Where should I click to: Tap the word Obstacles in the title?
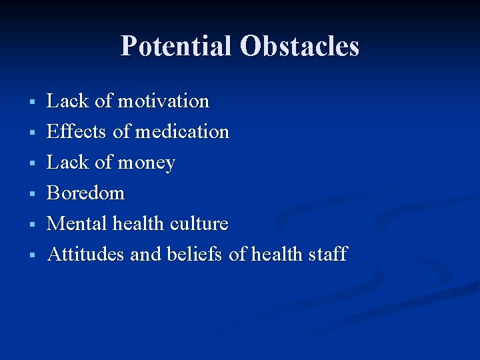(299, 47)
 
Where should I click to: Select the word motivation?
(163, 101)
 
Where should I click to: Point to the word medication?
(182, 132)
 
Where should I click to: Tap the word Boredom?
(86, 193)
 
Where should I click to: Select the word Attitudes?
(86, 254)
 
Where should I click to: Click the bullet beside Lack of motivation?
(31, 102)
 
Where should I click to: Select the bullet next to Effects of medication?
(31, 133)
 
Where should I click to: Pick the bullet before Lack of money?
(31, 163)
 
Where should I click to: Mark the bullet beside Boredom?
(31, 194)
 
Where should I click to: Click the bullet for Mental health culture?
(31, 224)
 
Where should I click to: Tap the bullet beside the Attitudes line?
(31, 255)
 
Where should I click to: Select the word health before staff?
(279, 254)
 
